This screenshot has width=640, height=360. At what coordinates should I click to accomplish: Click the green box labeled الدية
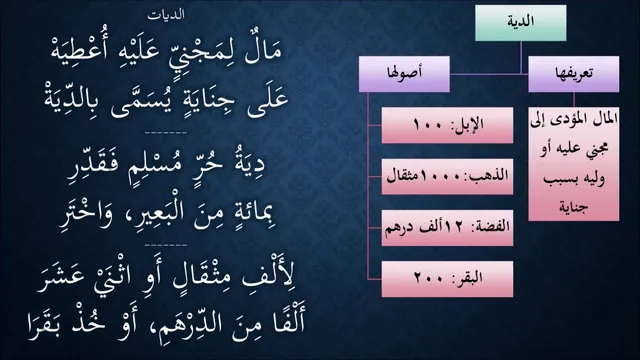[x=520, y=23]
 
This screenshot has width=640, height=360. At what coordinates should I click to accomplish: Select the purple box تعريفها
[x=573, y=74]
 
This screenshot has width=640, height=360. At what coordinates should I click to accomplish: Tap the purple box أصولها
[x=404, y=74]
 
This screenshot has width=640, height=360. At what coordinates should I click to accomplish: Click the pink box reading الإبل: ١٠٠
[x=447, y=125]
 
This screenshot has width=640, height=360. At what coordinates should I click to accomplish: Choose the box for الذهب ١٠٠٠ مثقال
[x=447, y=177]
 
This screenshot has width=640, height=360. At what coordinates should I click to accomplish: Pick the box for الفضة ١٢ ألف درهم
[x=447, y=228]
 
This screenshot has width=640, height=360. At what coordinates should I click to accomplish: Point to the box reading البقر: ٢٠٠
[x=447, y=279]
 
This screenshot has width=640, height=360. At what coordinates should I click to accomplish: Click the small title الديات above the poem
[x=166, y=15]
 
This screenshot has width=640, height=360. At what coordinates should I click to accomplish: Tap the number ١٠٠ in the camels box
[x=428, y=124]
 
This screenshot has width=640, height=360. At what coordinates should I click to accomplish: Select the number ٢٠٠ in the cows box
[x=429, y=279]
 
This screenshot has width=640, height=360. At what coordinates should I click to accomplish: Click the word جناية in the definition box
[x=574, y=207]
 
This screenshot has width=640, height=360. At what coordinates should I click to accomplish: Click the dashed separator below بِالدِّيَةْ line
[x=166, y=133]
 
